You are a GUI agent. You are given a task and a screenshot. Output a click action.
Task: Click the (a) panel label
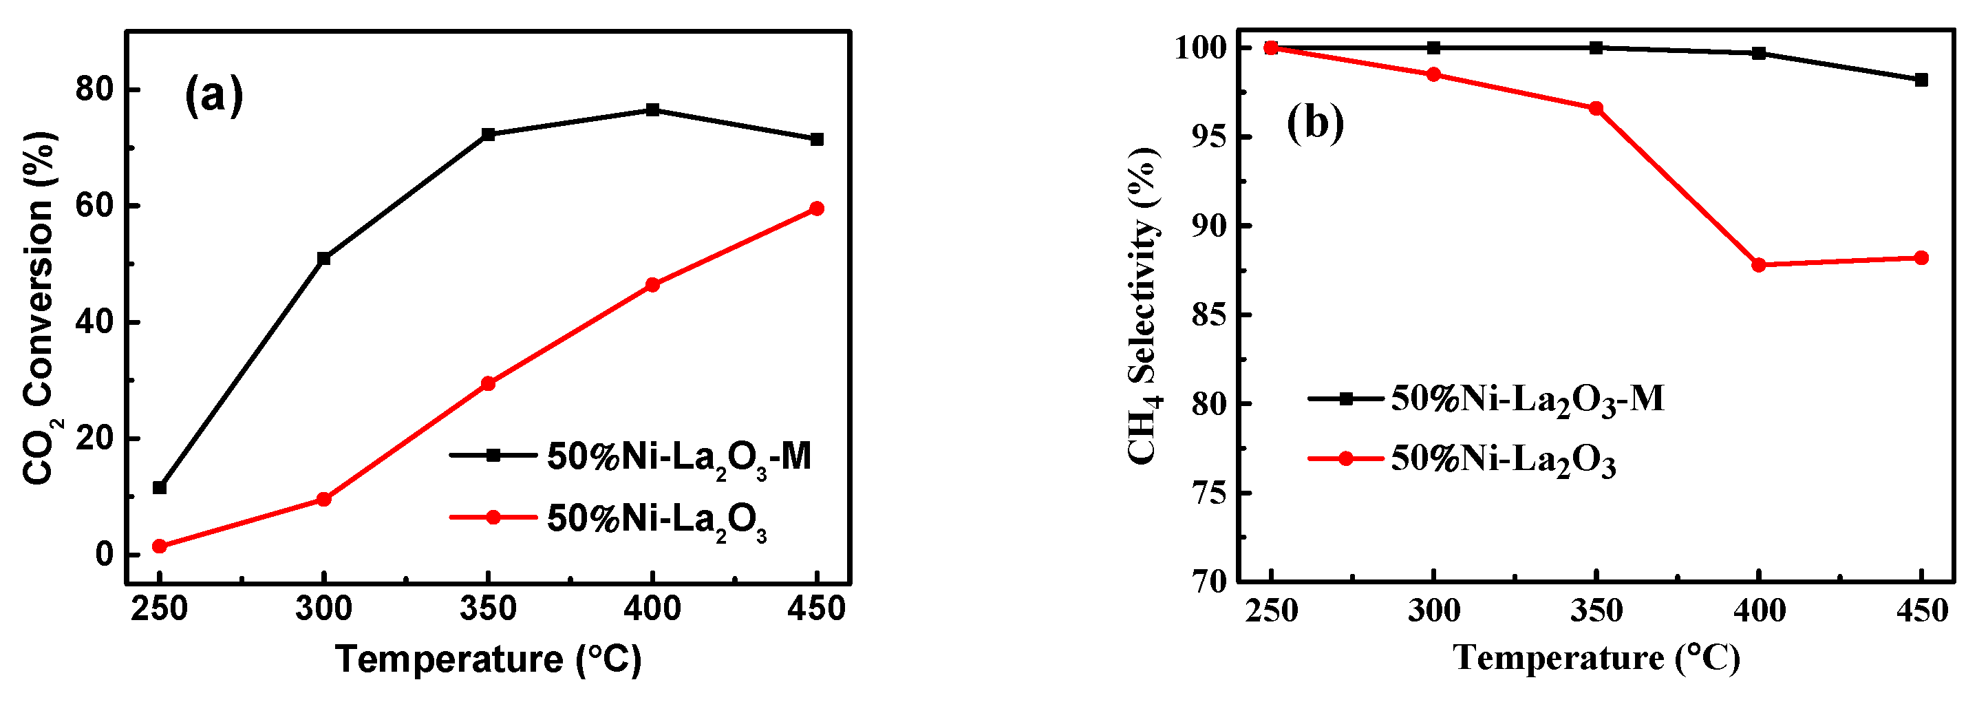tap(214, 96)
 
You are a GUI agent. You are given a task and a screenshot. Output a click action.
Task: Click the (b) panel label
tap(1315, 123)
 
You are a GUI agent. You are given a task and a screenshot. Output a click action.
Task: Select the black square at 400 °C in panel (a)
tap(652, 109)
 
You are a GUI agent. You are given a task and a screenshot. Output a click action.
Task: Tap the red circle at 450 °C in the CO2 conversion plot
tap(817, 209)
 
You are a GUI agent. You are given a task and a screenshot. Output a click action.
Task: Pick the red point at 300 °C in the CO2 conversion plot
tap(324, 500)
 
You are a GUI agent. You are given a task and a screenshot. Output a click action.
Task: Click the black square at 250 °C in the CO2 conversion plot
tap(160, 488)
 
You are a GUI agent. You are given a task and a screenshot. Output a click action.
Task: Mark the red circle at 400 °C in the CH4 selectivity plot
tap(1759, 266)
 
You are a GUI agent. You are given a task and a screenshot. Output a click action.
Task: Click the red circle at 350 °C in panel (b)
tap(1596, 108)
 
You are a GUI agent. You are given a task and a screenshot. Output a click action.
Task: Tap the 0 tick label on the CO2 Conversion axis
tap(105, 555)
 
